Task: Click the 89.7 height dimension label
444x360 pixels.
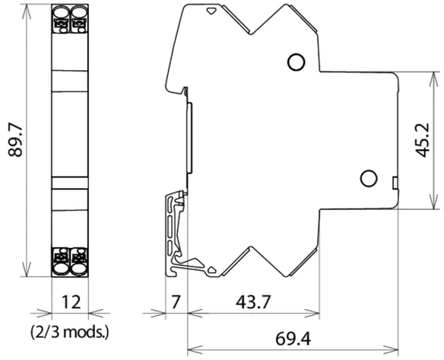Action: click(15, 141)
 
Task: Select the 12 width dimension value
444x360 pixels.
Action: click(71, 302)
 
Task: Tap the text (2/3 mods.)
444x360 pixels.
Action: click(70, 332)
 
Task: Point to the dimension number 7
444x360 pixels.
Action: click(176, 302)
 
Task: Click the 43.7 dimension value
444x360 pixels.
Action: click(253, 302)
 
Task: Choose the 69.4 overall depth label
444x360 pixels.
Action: click(293, 339)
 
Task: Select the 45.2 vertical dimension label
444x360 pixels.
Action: click(423, 140)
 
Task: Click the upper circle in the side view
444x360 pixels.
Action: click(297, 62)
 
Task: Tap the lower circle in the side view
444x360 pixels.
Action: click(369, 178)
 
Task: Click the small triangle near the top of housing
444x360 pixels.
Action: click(211, 11)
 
